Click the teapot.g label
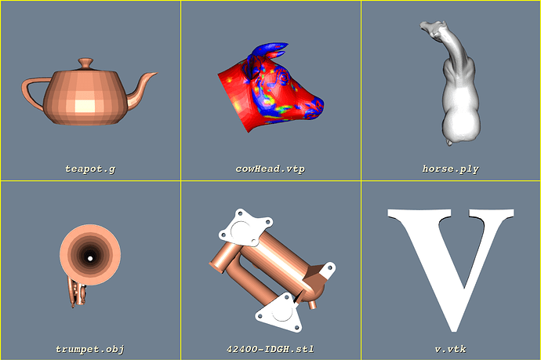90,168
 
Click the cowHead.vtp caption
270,168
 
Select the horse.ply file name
450,168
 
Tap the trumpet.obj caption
90,348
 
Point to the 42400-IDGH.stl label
270,348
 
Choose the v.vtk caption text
450,348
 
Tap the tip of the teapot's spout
154,75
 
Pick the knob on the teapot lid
85,61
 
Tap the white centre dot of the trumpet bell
90,257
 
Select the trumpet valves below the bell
76,293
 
